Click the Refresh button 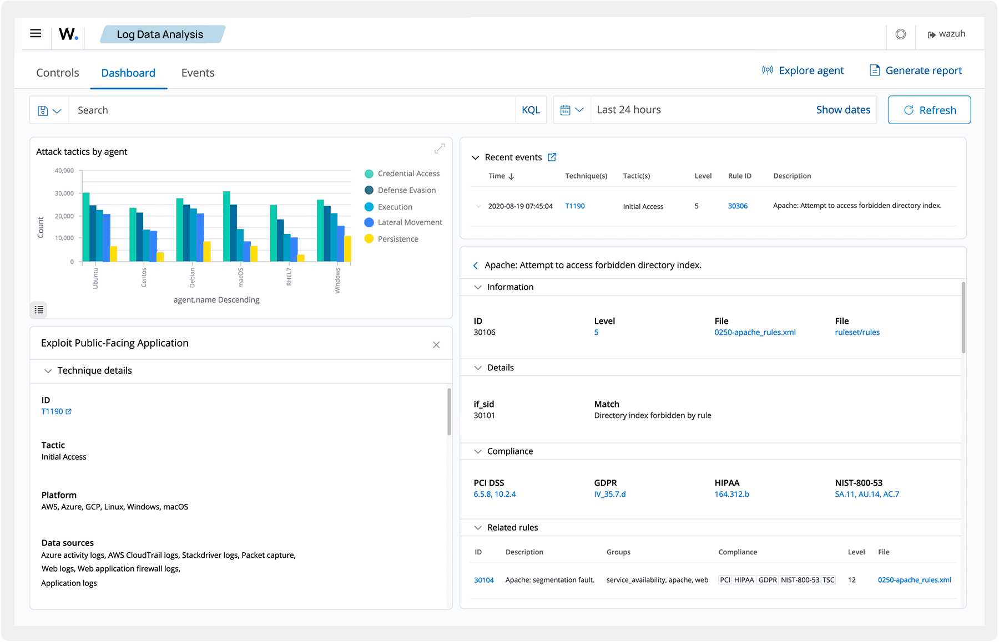(929, 110)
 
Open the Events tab (198, 73)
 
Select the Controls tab (58, 73)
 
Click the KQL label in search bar (531, 110)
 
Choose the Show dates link (843, 110)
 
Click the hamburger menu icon (36, 33)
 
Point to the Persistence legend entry (398, 239)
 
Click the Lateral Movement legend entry (410, 222)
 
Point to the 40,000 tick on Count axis (64, 171)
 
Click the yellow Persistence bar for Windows (347, 248)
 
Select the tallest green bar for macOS (226, 226)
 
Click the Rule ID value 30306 (738, 206)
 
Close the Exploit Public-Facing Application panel (436, 345)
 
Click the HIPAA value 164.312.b (731, 494)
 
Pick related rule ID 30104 (483, 580)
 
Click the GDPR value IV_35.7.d (609, 494)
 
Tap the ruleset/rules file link (857, 333)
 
